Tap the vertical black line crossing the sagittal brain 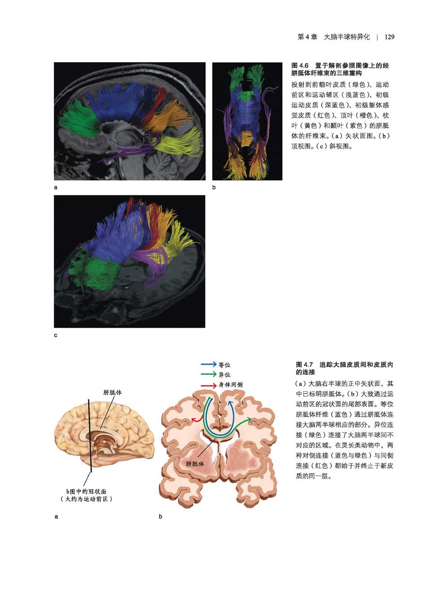point(89,436)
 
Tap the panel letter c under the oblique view point(56,335)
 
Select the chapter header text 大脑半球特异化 point(347,37)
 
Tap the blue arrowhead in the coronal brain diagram point(231,403)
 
